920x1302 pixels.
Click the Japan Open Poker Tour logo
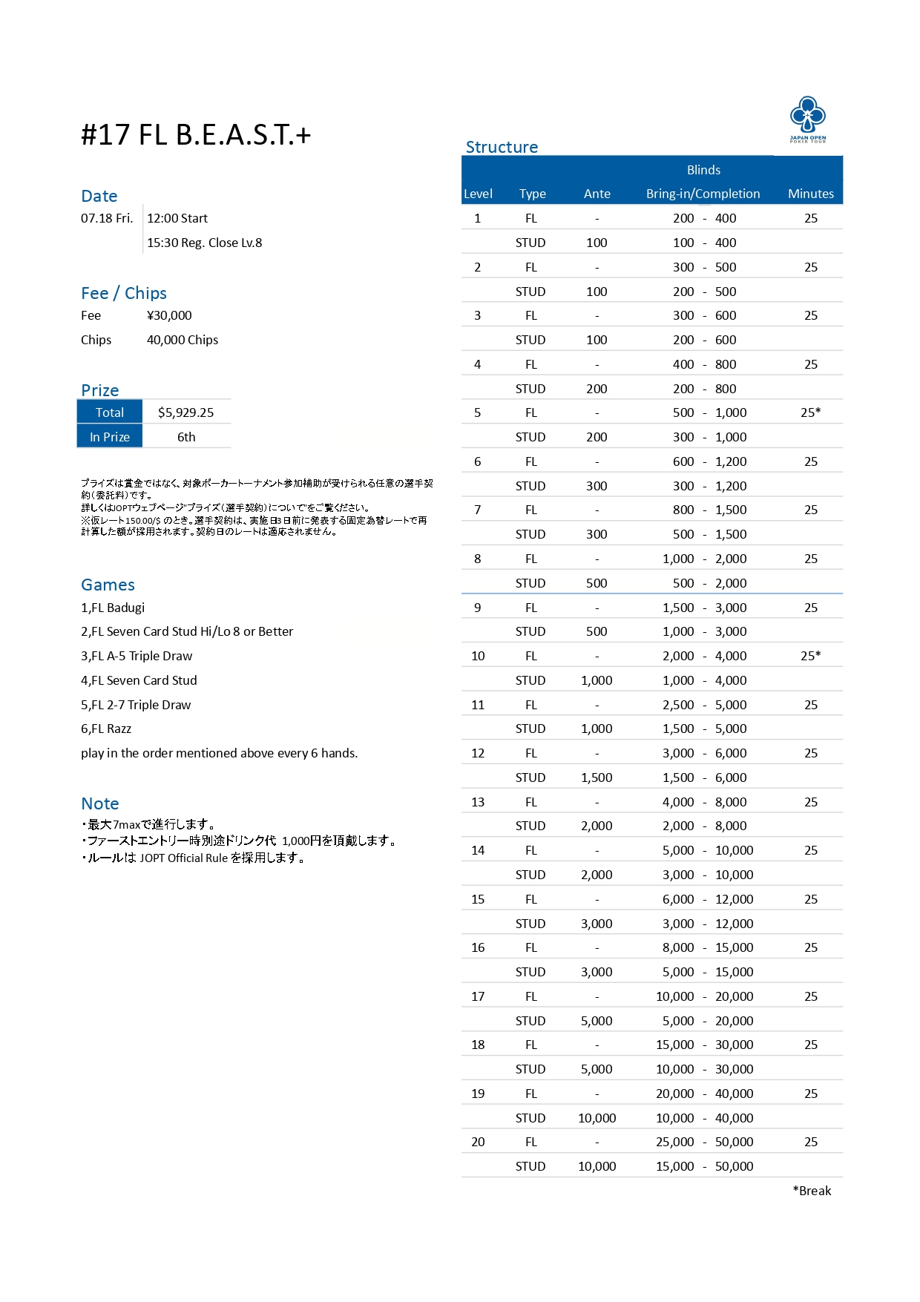[x=807, y=119]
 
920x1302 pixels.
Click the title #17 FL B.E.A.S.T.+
[x=196, y=135]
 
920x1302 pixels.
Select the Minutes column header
[x=810, y=194]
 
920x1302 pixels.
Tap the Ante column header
[x=597, y=194]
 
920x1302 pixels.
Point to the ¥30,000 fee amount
[x=169, y=315]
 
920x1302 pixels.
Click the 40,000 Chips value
[x=183, y=340]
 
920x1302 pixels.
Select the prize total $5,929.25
[x=185, y=412]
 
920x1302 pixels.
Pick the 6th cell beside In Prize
[x=186, y=437]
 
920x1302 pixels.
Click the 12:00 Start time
[x=177, y=218]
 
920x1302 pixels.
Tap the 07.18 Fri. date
[x=107, y=218]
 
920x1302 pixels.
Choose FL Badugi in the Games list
[x=113, y=608]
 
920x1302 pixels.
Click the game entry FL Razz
[x=106, y=729]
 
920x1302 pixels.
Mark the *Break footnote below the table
[x=812, y=1191]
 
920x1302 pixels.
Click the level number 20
[x=478, y=1142]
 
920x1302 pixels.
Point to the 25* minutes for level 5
[x=810, y=412]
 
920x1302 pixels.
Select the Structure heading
[x=502, y=147]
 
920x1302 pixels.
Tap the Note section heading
[x=100, y=803]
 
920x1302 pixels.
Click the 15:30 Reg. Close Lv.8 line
[x=204, y=243]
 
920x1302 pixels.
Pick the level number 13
[x=478, y=802]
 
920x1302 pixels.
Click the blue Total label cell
[x=110, y=412]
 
